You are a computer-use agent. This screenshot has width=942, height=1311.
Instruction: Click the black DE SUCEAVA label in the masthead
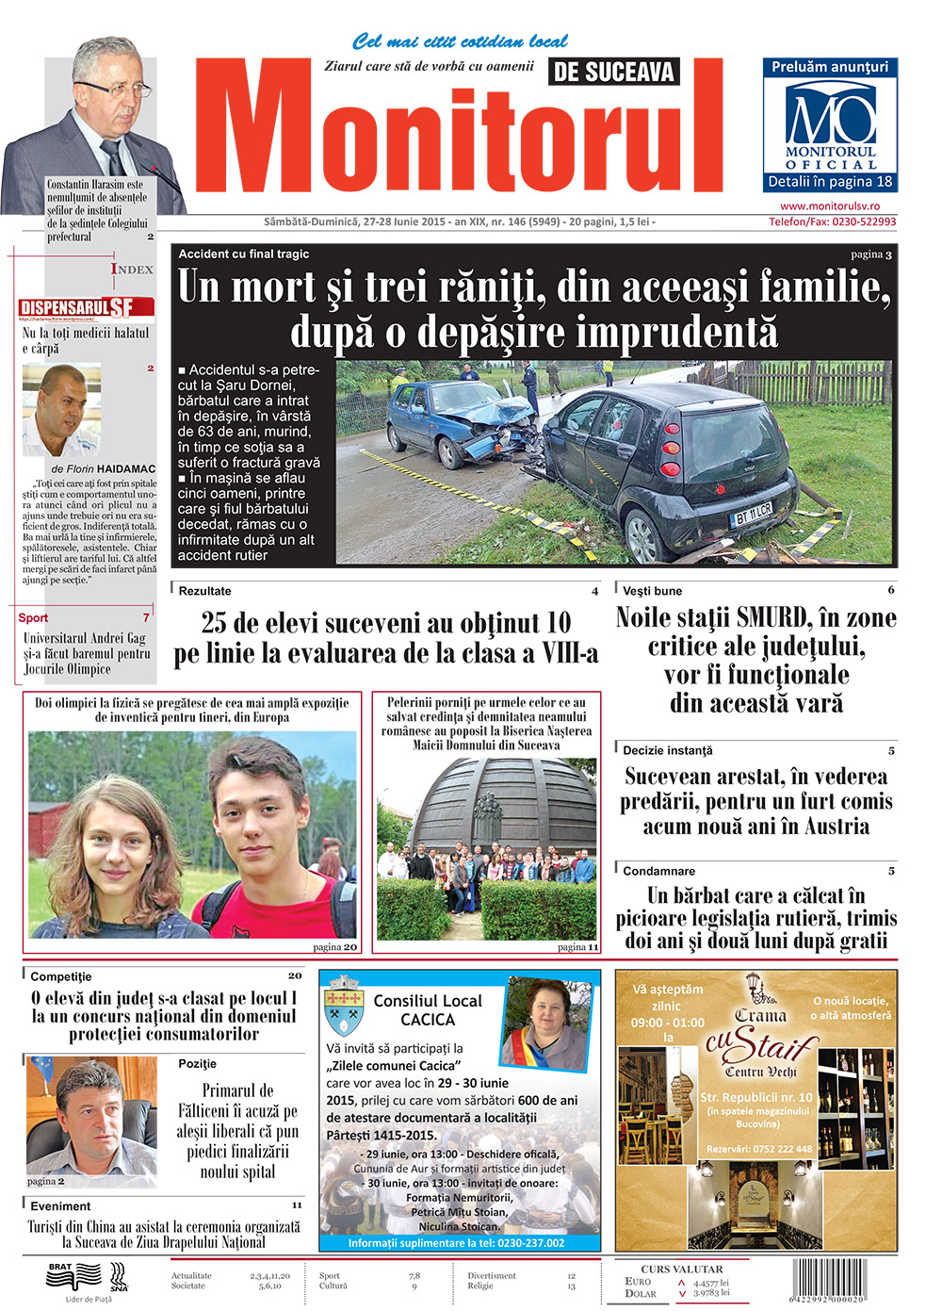[613, 72]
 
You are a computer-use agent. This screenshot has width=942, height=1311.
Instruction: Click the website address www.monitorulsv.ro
[830, 206]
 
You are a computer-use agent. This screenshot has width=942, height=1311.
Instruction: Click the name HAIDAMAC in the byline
[126, 468]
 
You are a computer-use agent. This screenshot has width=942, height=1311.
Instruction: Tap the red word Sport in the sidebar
[33, 618]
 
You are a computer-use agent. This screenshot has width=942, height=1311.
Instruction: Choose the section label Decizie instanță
[668, 751]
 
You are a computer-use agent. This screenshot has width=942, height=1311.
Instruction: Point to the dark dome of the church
[500, 797]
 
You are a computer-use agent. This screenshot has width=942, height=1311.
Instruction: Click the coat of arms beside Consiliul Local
[344, 1008]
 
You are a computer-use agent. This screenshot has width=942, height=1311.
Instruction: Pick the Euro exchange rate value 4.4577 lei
[710, 1283]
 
